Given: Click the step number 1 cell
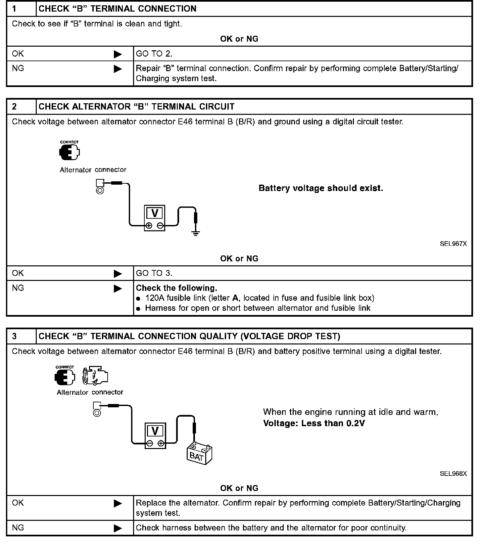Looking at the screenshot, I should point(21,9).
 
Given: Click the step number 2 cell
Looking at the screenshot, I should point(21,107).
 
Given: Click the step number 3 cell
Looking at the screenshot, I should point(21,336).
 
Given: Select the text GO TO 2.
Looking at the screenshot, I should point(154,54).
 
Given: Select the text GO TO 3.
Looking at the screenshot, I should point(154,273).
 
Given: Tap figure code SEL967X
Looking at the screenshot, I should point(453,244).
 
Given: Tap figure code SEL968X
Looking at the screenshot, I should point(453,474).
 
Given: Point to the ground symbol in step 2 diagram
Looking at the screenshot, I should point(196,233).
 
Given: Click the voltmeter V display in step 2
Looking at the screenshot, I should point(155,213).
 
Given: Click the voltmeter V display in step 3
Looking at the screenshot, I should point(155,431).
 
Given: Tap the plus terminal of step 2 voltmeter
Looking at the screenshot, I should point(149,226).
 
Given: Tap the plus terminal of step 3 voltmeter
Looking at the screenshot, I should point(161,443).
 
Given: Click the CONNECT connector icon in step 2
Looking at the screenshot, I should point(70,151).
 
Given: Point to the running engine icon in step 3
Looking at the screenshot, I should point(95,376).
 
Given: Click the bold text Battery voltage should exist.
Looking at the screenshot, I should point(320,188).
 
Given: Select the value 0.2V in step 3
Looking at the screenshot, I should point(355,423).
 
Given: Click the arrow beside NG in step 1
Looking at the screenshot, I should point(118,69).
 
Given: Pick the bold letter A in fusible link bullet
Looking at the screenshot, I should point(235,298).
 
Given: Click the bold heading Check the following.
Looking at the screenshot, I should point(176,288).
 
